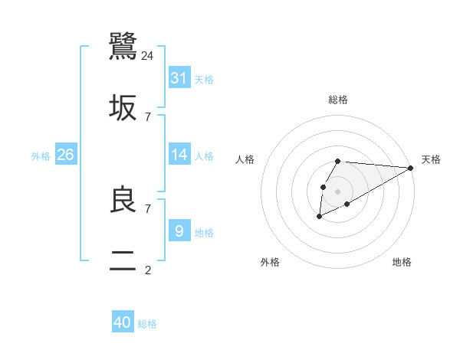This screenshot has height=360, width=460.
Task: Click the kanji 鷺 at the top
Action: click(x=123, y=46)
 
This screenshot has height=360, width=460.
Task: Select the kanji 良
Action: click(x=123, y=200)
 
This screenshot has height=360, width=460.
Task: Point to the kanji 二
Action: click(x=123, y=261)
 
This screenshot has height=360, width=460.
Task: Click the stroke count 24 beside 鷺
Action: click(x=148, y=55)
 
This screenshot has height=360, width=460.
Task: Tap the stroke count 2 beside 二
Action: click(x=148, y=270)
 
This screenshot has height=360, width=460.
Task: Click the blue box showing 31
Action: click(x=179, y=78)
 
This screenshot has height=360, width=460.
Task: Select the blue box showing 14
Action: click(x=179, y=155)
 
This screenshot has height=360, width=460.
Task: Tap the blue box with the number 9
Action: click(x=179, y=231)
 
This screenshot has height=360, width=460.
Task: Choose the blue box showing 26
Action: click(x=66, y=155)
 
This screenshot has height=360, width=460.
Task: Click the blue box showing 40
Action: click(x=123, y=322)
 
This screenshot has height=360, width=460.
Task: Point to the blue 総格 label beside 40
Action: click(x=147, y=324)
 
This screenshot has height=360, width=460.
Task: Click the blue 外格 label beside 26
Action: click(x=41, y=156)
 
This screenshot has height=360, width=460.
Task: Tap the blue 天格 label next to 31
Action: click(x=204, y=80)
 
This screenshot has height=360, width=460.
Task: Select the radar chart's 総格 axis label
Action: click(x=338, y=100)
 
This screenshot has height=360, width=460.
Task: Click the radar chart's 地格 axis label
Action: click(x=402, y=262)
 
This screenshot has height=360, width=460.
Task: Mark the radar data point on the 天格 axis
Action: click(x=411, y=168)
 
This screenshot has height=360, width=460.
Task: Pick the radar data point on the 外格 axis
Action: click(x=319, y=218)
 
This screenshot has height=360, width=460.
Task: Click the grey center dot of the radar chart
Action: click(x=337, y=191)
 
